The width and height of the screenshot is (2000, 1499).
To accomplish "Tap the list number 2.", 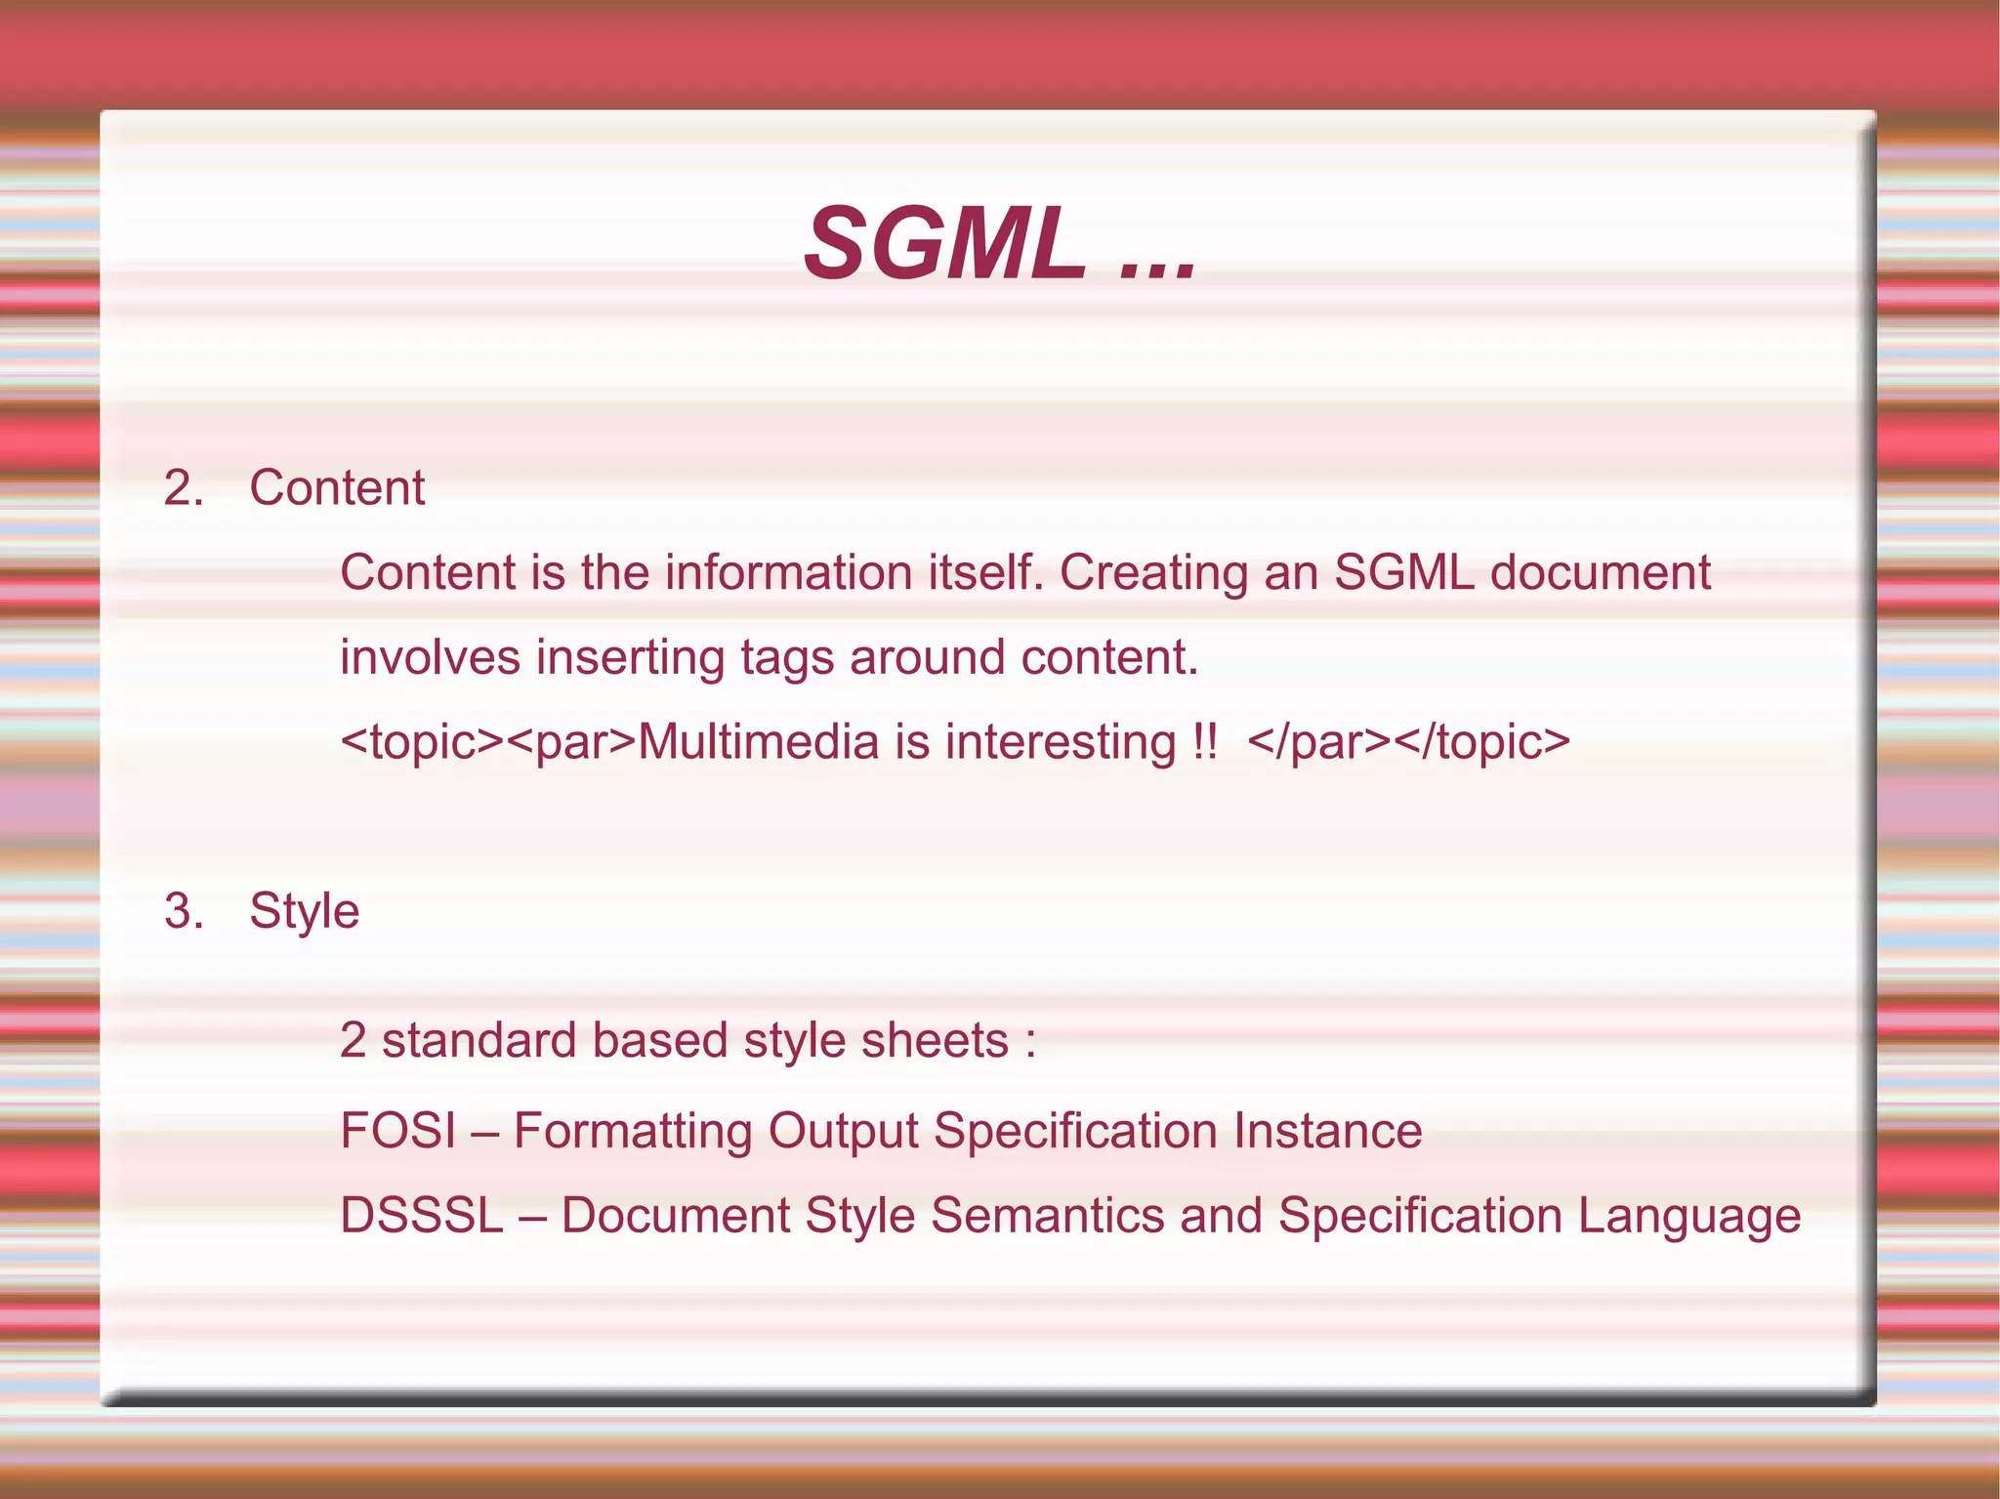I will click(x=182, y=487).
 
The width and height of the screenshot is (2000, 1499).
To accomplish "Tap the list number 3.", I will click(x=182, y=911).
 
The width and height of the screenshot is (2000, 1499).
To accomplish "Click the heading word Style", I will click(x=304, y=911).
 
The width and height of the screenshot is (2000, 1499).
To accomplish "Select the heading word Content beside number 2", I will click(x=337, y=487).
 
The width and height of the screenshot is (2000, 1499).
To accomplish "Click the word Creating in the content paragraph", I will click(x=1153, y=572).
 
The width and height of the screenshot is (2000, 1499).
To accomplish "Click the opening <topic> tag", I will click(x=422, y=742).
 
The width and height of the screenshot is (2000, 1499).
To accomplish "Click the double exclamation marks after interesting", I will click(x=1204, y=742).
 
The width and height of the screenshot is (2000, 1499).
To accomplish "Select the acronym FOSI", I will click(x=397, y=1131).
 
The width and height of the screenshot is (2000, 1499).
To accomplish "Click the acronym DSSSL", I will click(x=421, y=1216).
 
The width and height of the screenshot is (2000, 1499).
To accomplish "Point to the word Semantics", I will click(x=1047, y=1216).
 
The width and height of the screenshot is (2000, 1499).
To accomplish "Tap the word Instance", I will click(x=1327, y=1131).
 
